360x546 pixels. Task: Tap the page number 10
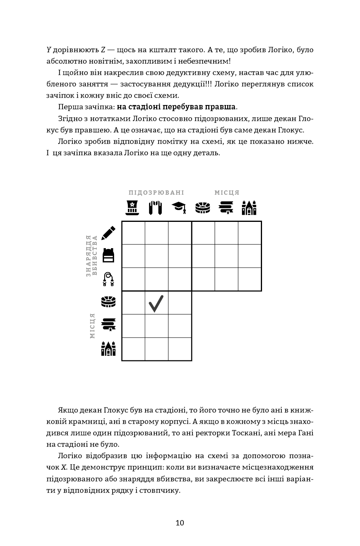point(180,523)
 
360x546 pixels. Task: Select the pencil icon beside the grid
point(108,233)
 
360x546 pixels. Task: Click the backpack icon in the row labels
point(108,255)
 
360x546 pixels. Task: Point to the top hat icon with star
point(133,207)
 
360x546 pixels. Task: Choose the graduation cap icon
point(179,207)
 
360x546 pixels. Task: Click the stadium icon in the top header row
point(203,207)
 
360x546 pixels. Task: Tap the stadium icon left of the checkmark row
point(108,302)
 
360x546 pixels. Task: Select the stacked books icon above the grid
point(226,207)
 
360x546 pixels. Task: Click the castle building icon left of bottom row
point(108,349)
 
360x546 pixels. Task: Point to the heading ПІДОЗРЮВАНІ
point(156,193)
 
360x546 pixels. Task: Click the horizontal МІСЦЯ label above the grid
point(227,193)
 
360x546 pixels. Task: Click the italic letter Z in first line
point(103,50)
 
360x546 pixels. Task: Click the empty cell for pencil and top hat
point(133,233)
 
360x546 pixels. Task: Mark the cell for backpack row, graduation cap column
point(180,256)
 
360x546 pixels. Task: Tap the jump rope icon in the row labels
point(108,279)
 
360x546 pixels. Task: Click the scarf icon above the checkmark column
point(156,207)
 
